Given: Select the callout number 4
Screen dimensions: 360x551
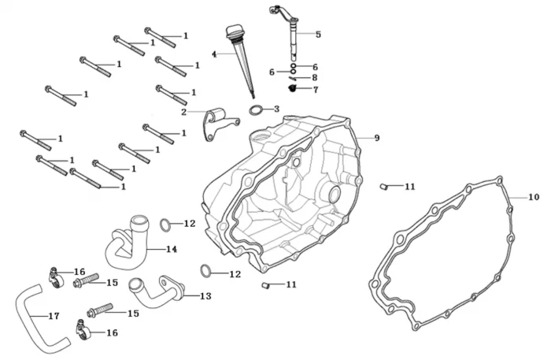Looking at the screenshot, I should click(x=213, y=54).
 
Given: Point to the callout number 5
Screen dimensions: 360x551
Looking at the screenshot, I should click(x=318, y=35).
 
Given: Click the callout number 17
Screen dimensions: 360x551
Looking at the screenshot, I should click(x=54, y=317).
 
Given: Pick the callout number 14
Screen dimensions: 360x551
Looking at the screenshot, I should click(x=172, y=250).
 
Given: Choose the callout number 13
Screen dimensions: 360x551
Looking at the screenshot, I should click(x=205, y=296).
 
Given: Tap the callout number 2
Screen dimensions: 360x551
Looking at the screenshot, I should click(x=183, y=112).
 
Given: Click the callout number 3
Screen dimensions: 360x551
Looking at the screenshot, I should click(x=276, y=109).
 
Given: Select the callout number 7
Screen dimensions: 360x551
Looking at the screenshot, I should click(x=315, y=90).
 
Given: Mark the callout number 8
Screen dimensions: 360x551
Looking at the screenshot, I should click(x=314, y=78).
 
